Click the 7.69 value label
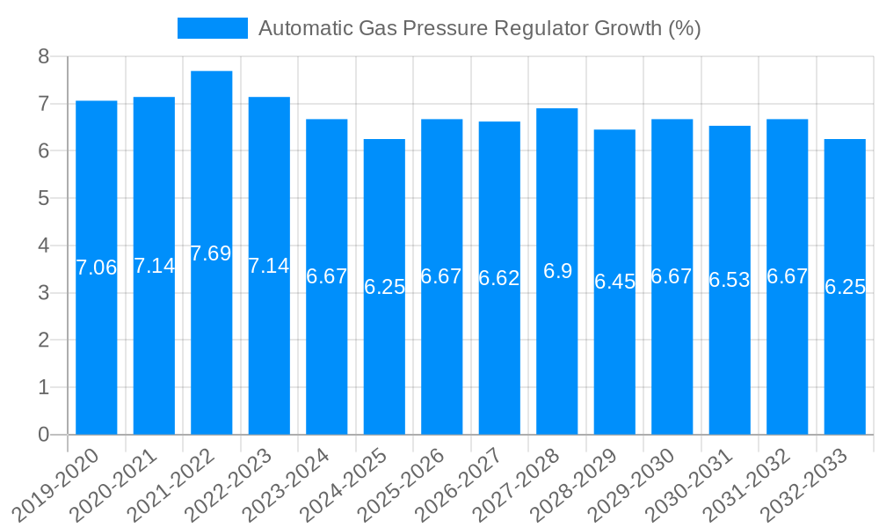211,253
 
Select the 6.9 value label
557,271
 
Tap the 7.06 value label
97,268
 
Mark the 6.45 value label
614,282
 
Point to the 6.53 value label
730,280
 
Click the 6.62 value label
499,278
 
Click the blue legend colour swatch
213,28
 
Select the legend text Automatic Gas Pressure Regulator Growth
479,28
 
